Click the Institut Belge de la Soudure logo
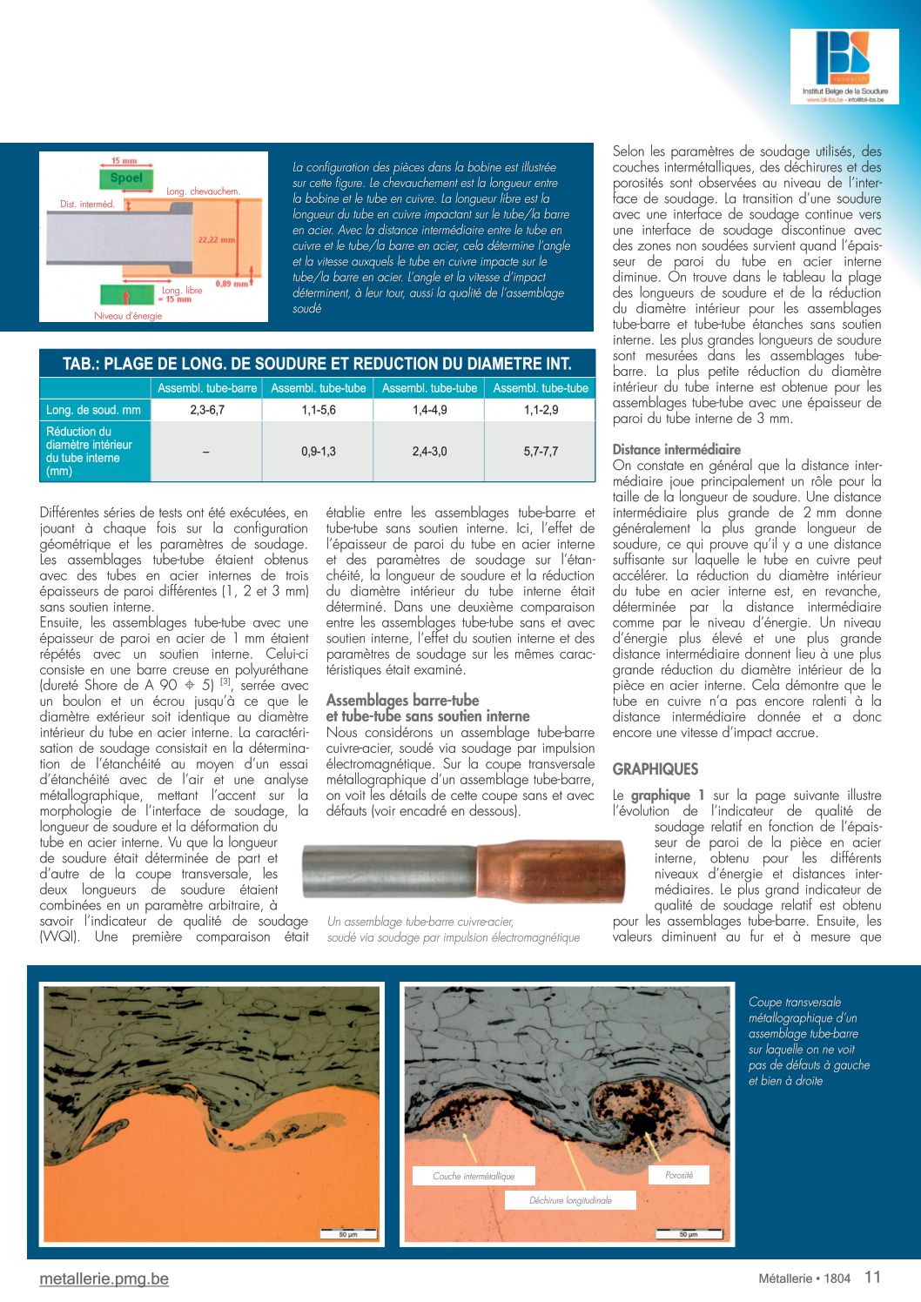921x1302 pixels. click(x=844, y=67)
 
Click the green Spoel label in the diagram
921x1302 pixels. click(x=126, y=178)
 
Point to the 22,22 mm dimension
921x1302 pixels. click(x=216, y=239)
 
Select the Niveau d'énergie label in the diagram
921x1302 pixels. click(x=128, y=316)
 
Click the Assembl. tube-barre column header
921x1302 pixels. click(x=207, y=388)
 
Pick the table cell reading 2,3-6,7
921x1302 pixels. click(x=207, y=410)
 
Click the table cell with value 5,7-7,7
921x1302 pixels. click(x=541, y=452)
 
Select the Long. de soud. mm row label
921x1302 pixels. click(x=94, y=410)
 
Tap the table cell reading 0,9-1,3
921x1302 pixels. click(x=319, y=452)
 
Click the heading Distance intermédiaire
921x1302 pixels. click(x=676, y=450)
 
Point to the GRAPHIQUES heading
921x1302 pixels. click(x=655, y=769)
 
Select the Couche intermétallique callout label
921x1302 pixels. click(x=474, y=1176)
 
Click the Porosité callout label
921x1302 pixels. click(x=679, y=1175)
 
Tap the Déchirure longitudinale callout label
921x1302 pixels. click(x=570, y=1200)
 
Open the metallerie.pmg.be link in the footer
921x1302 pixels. click(x=104, y=1279)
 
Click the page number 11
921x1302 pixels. click(x=872, y=1277)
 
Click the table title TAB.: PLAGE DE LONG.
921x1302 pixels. click(x=317, y=364)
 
